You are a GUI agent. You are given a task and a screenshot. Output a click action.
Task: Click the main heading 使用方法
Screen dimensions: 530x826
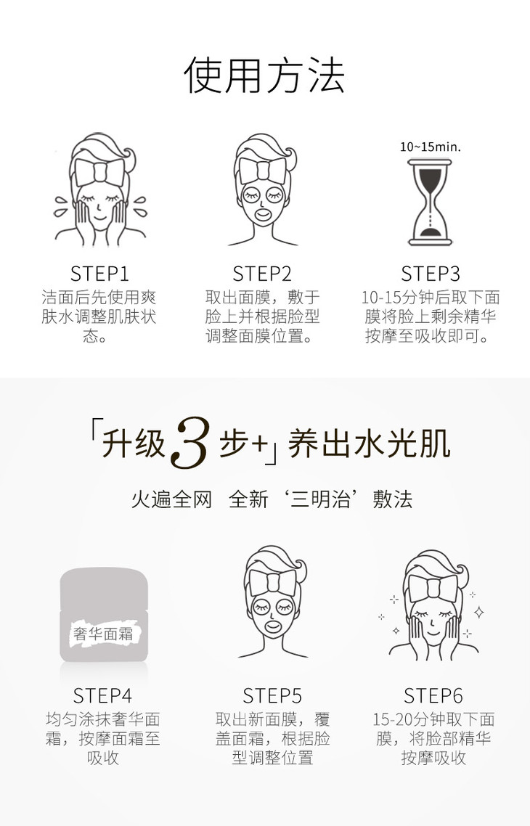[x=264, y=75]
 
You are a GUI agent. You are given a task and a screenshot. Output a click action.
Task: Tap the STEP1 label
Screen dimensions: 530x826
[x=99, y=274]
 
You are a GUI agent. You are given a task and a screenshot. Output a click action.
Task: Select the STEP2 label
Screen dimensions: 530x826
[x=262, y=274]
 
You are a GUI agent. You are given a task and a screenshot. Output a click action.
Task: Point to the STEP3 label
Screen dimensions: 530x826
[x=431, y=274]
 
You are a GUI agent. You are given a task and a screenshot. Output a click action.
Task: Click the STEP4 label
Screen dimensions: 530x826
[x=102, y=695]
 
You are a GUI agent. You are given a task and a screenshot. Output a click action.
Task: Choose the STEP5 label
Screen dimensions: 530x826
[x=272, y=695]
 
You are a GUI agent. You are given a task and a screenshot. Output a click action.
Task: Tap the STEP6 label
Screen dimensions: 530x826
[x=433, y=695]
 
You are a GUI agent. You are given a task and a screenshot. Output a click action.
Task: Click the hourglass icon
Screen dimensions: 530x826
[x=430, y=203]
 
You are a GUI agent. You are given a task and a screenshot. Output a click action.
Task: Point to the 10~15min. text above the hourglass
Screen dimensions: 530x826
[x=431, y=147]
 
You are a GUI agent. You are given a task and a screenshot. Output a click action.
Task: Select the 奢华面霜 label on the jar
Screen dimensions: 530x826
[x=103, y=633]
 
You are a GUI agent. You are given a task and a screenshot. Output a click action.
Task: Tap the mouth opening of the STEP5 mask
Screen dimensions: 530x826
[x=273, y=626]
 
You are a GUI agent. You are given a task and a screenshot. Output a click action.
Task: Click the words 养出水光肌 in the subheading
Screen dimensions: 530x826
[x=370, y=443]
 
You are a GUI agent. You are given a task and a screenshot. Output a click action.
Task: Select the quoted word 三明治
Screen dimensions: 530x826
[x=321, y=499]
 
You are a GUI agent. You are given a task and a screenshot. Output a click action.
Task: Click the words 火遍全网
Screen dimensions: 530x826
[x=171, y=499]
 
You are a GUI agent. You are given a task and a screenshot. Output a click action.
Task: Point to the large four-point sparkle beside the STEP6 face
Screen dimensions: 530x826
[x=479, y=612]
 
